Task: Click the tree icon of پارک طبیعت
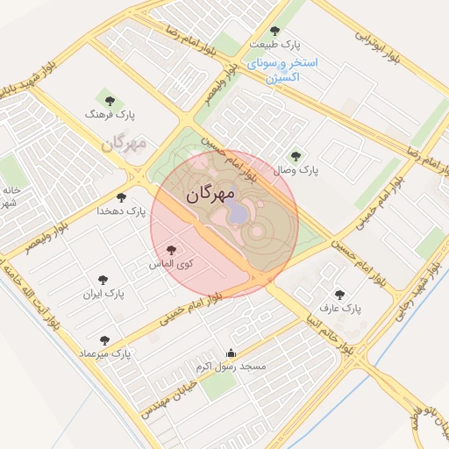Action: [274, 31]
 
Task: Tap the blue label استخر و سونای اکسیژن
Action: [282, 71]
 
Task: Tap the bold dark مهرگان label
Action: [210, 194]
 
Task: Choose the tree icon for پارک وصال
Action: [295, 156]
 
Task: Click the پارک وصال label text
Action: [296, 170]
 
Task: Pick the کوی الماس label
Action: [172, 263]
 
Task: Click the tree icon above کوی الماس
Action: [171, 250]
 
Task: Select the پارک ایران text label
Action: [106, 294]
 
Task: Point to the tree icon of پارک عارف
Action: [339, 295]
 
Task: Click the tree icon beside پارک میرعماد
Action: [104, 340]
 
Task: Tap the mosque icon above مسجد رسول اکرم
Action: [232, 353]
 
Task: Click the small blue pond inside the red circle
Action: [238, 214]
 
